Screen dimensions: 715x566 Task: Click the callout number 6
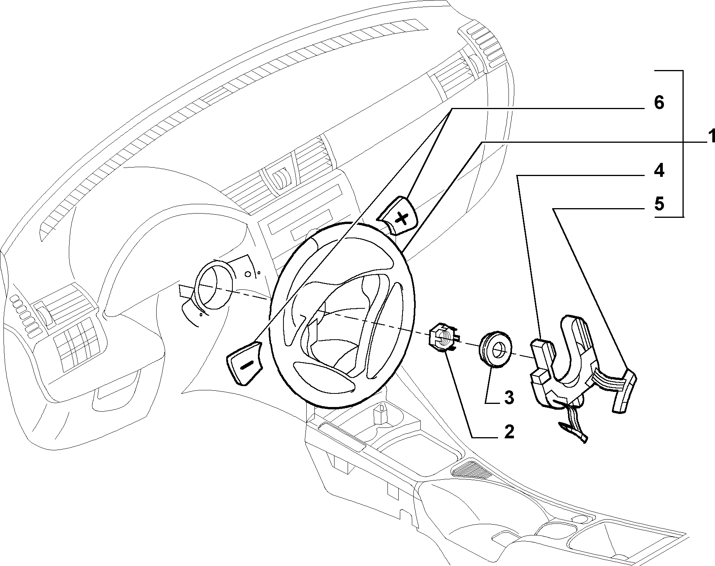pyautogui.click(x=659, y=103)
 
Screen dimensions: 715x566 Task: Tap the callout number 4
pyautogui.click(x=659, y=170)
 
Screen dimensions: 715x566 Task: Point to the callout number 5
pyautogui.click(x=659, y=203)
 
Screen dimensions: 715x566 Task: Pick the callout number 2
pyautogui.click(x=509, y=431)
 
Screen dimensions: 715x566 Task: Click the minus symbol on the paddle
pyautogui.click(x=246, y=364)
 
